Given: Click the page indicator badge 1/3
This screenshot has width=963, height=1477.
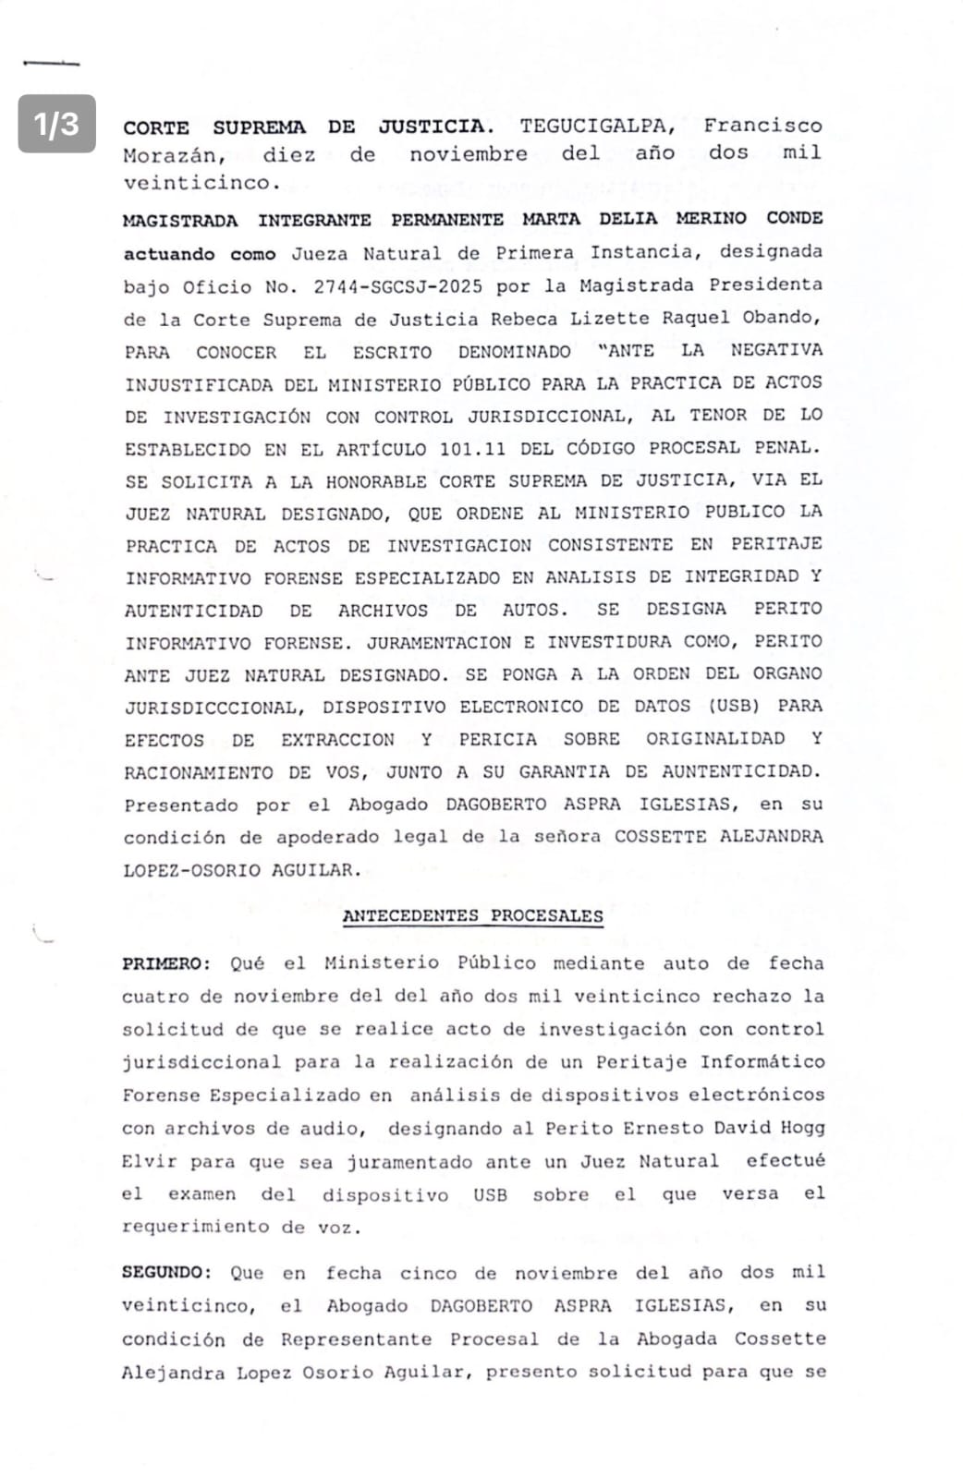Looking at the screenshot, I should (56, 123).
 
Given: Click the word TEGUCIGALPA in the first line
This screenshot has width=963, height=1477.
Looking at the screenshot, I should (597, 126).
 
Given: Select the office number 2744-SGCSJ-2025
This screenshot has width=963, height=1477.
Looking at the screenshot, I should (397, 286).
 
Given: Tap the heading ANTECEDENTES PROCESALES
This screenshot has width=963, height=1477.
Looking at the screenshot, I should (472, 916).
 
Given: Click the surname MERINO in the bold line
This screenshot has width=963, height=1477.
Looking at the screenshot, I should (711, 219).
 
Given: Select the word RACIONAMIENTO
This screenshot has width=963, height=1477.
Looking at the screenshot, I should (198, 772).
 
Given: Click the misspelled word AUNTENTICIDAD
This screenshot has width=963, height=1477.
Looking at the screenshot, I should (740, 771).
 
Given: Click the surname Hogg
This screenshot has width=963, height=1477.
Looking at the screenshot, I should (801, 1128).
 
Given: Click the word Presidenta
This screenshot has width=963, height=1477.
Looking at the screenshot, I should (765, 285).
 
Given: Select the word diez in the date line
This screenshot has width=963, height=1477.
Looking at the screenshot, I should (288, 155).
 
